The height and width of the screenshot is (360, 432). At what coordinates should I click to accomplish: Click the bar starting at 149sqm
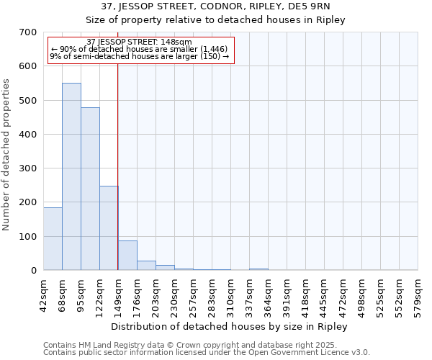pos(127,256)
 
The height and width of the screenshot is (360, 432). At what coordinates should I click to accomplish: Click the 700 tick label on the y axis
pos(28,32)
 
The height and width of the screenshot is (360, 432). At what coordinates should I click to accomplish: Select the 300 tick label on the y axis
pos(28,168)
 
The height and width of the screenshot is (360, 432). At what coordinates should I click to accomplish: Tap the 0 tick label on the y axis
pos(33,271)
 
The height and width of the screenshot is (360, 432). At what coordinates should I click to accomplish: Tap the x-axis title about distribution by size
pos(230,327)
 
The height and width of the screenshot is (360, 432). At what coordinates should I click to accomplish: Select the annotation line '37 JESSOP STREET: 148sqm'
pos(139,42)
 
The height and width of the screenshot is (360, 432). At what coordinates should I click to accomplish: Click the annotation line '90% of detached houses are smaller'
pos(139,49)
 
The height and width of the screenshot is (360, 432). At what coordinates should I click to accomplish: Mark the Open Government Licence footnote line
pos(207,353)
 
